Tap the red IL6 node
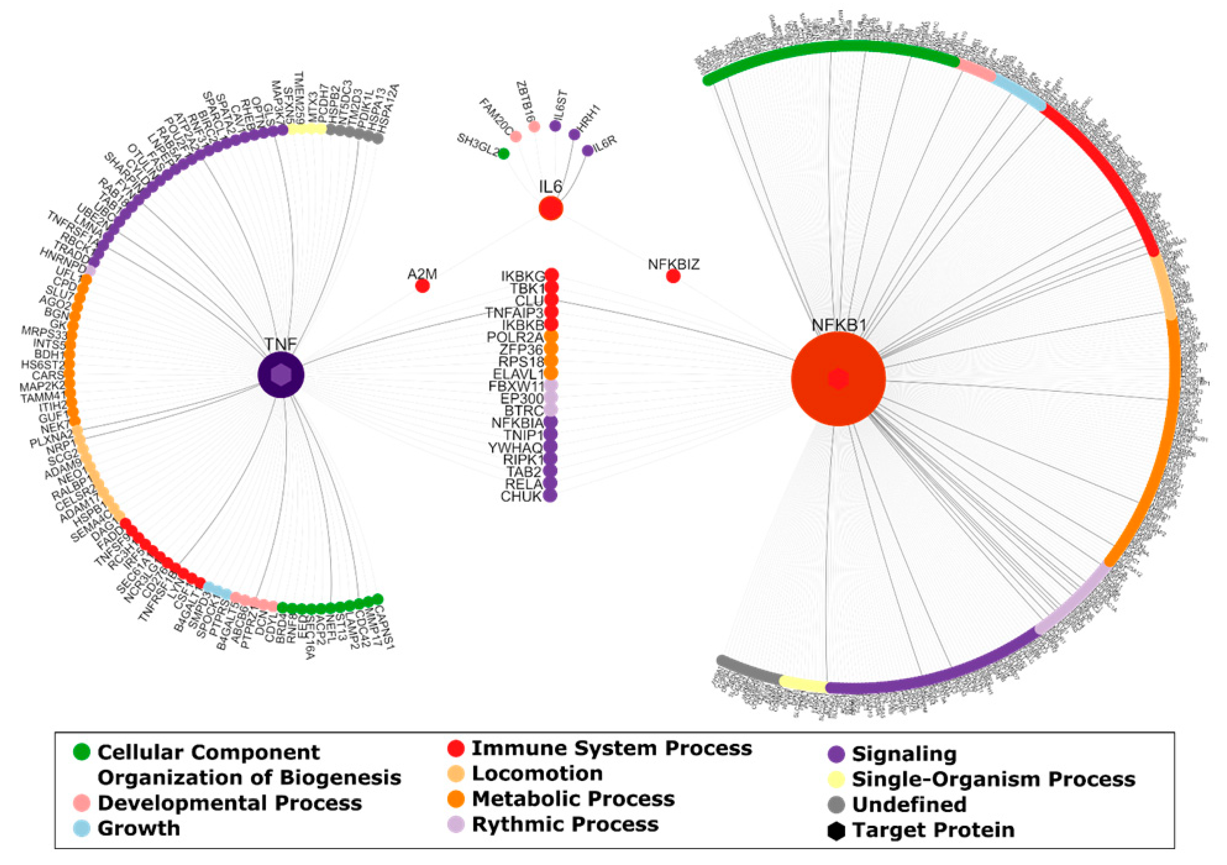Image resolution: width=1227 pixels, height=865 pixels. (x=550, y=208)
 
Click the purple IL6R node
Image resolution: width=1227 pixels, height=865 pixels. (x=587, y=151)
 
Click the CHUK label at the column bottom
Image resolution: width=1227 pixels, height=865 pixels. (x=521, y=497)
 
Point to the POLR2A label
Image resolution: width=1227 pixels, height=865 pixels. (x=514, y=338)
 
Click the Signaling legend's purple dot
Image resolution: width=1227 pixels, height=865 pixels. (x=836, y=754)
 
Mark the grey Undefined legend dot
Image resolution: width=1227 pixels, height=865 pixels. (x=836, y=804)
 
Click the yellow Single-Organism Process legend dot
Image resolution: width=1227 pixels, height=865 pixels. (x=836, y=780)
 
